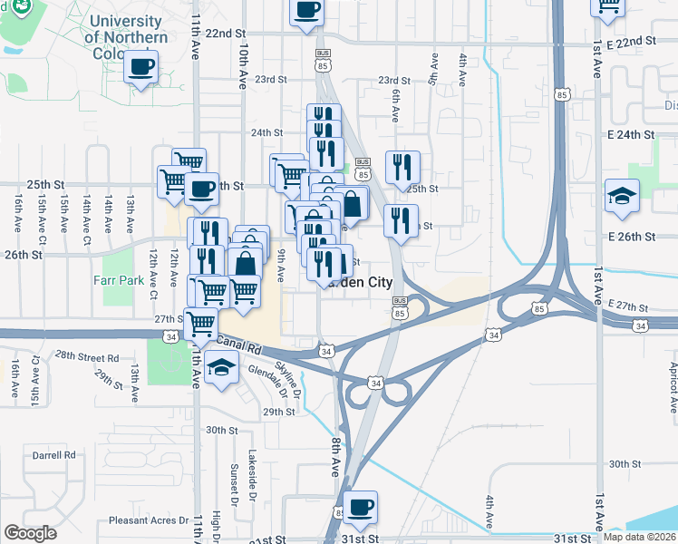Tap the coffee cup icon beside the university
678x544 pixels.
click(141, 67)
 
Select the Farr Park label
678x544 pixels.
click(119, 280)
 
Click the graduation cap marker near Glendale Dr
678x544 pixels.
click(220, 368)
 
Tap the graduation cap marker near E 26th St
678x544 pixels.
click(622, 197)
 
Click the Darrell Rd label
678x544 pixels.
click(54, 455)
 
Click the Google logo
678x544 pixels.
click(30, 533)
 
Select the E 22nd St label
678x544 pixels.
click(631, 42)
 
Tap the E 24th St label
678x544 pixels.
click(631, 134)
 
